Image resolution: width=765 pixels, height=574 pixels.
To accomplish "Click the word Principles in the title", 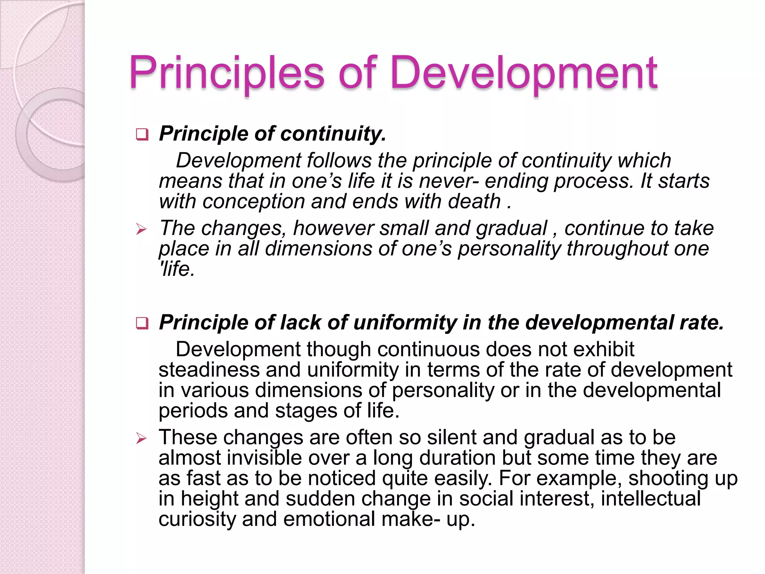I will [x=227, y=73].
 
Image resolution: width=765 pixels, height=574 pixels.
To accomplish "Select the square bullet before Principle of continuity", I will [x=142, y=134].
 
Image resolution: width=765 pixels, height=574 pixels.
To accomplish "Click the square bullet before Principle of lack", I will [x=142, y=323].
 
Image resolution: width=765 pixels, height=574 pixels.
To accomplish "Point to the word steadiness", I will [x=209, y=370].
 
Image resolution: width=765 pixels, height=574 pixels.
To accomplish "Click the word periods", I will [x=193, y=411].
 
